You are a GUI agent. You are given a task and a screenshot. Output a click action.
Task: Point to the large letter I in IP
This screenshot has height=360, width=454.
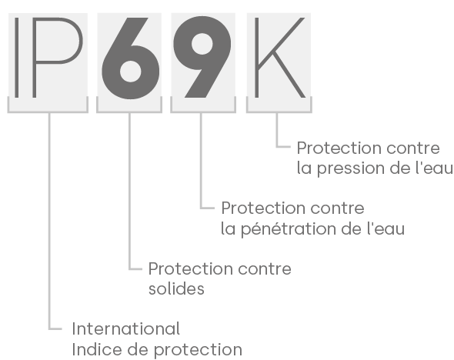pyautogui.click(x=16, y=58)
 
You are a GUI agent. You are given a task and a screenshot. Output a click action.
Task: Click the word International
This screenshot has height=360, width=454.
pyautogui.click(x=126, y=329)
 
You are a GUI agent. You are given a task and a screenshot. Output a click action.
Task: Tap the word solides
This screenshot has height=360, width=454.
pyautogui.click(x=176, y=288)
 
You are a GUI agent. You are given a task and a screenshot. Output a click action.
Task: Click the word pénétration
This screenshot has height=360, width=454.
pyautogui.click(x=289, y=229)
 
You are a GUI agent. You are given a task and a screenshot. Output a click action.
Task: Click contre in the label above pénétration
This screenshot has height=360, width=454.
pyautogui.click(x=337, y=208)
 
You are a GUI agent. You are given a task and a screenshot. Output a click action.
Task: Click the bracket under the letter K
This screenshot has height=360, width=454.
pyautogui.click(x=279, y=111)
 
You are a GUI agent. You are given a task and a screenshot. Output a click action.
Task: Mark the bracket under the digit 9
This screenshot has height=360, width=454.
pyautogui.click(x=203, y=111)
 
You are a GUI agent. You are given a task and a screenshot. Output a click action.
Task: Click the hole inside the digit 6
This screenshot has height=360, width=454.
pyautogui.click(x=131, y=72)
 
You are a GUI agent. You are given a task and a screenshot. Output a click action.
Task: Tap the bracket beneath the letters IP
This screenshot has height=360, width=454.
pyautogui.click(x=48, y=111)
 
